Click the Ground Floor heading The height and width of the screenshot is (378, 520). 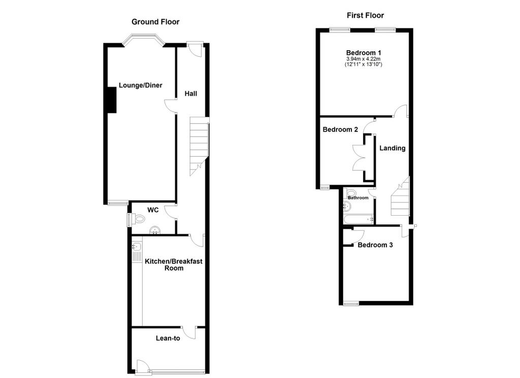point(155,22)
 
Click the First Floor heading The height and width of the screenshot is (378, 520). point(365,15)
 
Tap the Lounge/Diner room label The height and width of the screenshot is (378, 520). point(140,85)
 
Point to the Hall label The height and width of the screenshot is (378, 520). point(191,94)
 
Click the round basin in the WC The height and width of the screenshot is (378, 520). point(155,230)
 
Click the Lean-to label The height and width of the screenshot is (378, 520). point(168,338)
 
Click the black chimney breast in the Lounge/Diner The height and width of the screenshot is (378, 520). point(112,100)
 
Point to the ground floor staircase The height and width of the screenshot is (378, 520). point(199,146)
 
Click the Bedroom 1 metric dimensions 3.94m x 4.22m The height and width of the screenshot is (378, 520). point(364,59)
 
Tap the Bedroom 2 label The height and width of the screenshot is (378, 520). point(340,129)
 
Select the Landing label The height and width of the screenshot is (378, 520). point(393,148)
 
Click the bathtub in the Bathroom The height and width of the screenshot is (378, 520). point(358,219)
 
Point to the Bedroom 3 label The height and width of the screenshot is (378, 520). point(375,245)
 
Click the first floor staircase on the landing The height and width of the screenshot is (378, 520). point(400,196)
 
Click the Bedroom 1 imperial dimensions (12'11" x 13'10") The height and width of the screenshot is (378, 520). point(364,64)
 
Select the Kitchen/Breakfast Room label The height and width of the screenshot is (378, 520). point(174,265)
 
